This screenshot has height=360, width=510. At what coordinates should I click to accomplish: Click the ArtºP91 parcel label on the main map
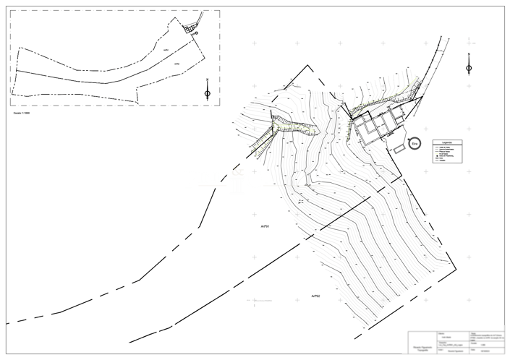pos(265,227)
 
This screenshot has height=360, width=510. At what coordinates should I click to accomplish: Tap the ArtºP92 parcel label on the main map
pos(315,296)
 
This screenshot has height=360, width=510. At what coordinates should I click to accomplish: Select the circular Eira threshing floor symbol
pos(415,144)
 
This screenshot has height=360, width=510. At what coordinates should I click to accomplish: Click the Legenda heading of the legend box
pos(446,142)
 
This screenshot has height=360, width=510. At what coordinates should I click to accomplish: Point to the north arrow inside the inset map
pos(208,92)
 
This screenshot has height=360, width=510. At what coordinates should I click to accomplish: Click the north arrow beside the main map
pos(469,67)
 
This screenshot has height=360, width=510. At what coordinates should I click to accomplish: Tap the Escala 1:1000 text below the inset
pos(22,113)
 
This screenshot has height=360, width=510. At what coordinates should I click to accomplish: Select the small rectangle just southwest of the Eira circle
pos(399,148)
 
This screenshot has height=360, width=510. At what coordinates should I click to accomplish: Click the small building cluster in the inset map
pos(190,28)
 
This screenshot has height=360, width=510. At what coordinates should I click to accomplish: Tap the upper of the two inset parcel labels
pos(166,49)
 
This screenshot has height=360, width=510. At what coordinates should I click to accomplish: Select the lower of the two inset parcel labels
pos(177,64)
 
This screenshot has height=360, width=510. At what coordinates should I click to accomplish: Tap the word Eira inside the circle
pos(415,144)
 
